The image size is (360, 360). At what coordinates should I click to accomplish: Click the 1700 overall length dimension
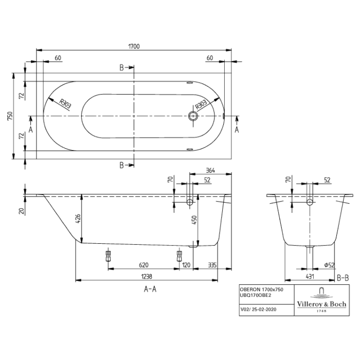133,46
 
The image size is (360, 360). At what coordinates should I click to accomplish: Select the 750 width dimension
10,116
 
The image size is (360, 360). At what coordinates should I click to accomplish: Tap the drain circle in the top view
193,116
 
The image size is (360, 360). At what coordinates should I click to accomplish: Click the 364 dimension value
210,170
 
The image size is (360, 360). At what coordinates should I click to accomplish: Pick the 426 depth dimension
78,218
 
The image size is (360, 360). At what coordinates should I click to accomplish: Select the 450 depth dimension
194,220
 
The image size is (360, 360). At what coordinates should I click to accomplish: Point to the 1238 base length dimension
146,277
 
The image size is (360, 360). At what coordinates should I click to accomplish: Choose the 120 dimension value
186,265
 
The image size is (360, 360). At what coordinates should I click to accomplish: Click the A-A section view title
150,289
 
